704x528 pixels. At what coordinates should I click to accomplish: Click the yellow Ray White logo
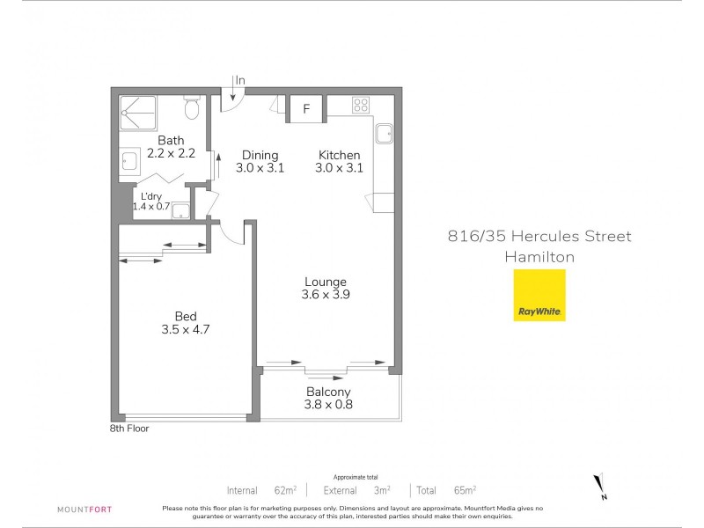click(539, 295)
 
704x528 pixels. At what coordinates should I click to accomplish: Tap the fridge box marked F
click(306, 109)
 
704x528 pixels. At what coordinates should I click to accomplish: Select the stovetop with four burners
click(361, 106)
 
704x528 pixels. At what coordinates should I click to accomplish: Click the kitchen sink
click(385, 134)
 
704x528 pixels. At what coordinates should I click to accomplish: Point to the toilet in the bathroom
click(192, 109)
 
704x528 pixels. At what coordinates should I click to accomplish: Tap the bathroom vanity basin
click(128, 161)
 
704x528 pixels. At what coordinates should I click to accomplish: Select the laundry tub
click(181, 209)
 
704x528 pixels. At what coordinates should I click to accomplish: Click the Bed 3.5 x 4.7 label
click(185, 323)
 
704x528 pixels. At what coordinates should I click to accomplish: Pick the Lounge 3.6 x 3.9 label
click(326, 289)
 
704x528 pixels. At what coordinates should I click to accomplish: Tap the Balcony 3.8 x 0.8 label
click(328, 399)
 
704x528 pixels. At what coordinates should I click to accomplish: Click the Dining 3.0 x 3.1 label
click(260, 162)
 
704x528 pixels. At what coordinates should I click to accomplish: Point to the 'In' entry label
click(240, 81)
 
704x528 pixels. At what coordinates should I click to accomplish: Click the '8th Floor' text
click(129, 429)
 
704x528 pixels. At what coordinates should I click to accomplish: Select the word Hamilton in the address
click(539, 257)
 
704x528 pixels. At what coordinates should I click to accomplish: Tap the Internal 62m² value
click(283, 489)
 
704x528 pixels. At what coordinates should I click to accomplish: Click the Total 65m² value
click(464, 489)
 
